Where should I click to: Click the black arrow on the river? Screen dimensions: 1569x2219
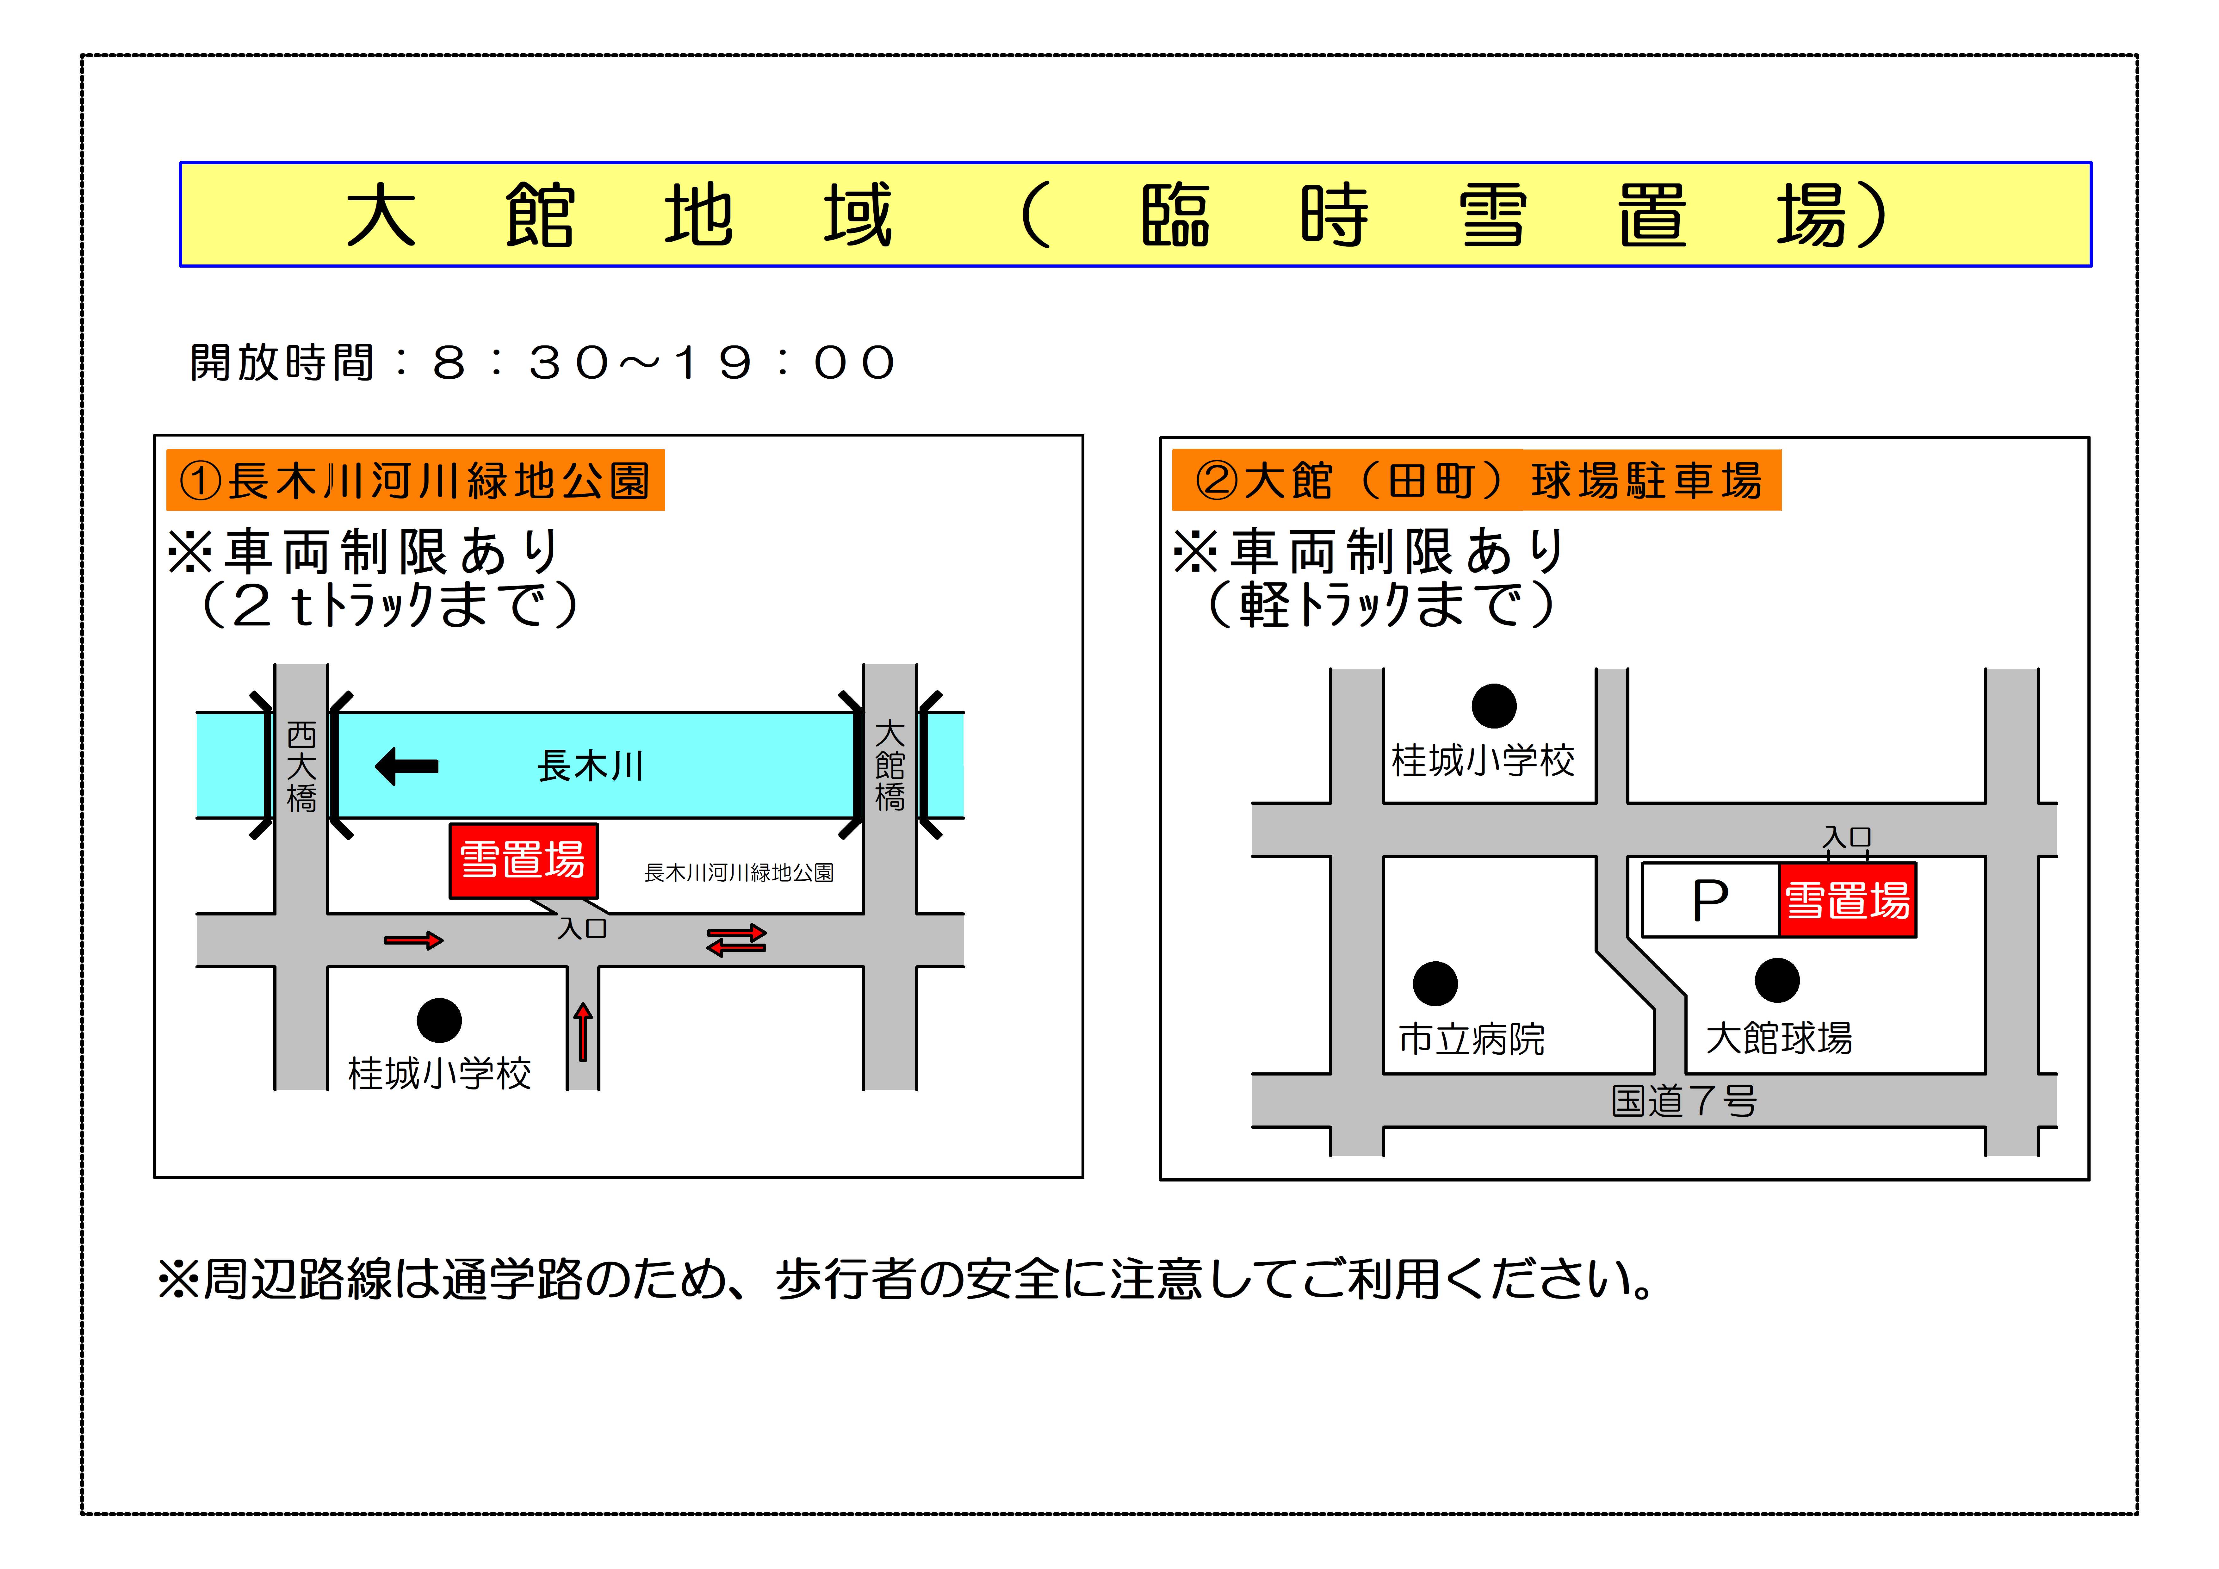[407, 766]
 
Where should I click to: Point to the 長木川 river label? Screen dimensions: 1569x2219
[590, 766]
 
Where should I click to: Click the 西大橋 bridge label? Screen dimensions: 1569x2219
[301, 766]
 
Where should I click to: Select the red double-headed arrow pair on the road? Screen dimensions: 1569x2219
[736, 940]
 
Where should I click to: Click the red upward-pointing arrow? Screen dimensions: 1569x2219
[583, 1032]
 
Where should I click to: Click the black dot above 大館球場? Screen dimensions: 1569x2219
[1776, 980]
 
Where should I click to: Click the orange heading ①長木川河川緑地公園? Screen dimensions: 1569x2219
[416, 481]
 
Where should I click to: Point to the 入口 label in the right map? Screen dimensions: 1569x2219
[1847, 837]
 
